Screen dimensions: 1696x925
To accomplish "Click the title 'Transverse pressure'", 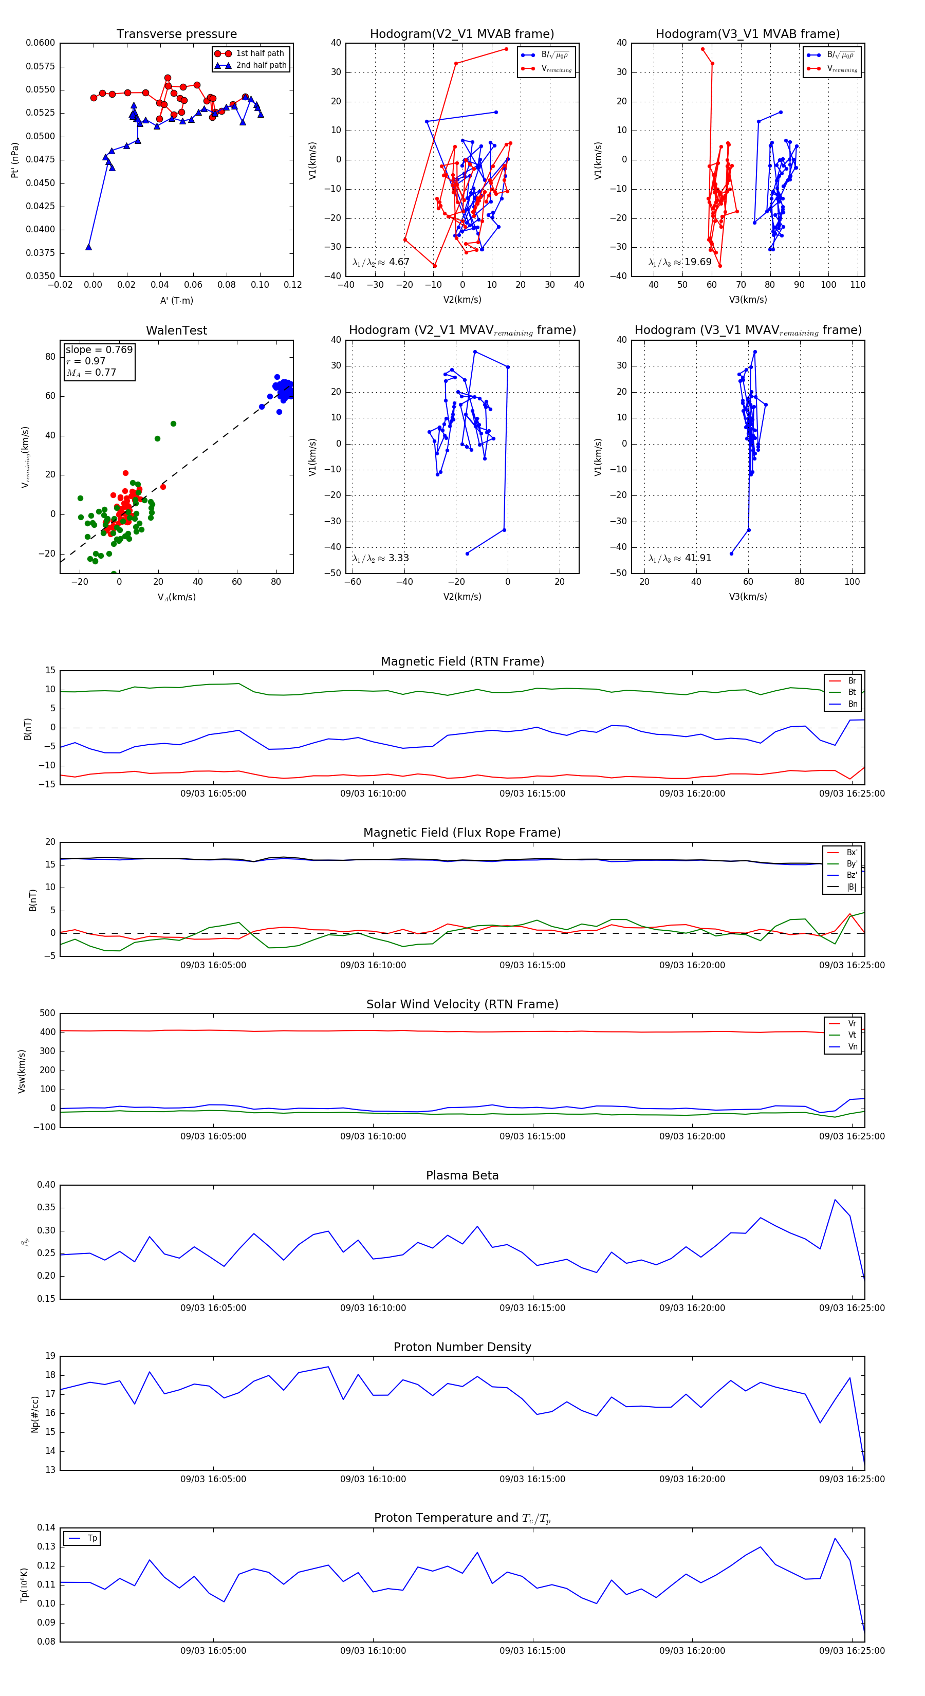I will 176,34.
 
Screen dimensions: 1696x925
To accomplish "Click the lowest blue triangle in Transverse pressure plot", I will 88,247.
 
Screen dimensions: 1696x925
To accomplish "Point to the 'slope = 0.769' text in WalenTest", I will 99,349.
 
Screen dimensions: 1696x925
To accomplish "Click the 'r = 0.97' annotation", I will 86,361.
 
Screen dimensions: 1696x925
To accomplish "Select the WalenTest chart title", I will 176,330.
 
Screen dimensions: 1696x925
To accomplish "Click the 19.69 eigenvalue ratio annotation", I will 698,262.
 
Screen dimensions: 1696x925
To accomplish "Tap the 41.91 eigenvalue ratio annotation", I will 698,558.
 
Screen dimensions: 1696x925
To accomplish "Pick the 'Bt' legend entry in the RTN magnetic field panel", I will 852,692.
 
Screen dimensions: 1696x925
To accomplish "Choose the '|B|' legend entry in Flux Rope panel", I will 852,887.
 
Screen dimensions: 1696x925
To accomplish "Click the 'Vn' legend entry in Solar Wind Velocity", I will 852,1047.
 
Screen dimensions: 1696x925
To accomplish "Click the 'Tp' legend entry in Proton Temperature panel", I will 92,1538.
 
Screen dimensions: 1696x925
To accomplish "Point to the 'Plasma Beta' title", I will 462,1176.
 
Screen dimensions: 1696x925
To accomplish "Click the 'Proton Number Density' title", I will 462,1347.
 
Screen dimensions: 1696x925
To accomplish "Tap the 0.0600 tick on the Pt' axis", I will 40,43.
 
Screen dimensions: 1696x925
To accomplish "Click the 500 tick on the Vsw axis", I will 47,1013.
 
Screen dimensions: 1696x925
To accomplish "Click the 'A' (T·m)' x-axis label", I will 176,301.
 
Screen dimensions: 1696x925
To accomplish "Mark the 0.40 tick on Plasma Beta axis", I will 46,1185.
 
